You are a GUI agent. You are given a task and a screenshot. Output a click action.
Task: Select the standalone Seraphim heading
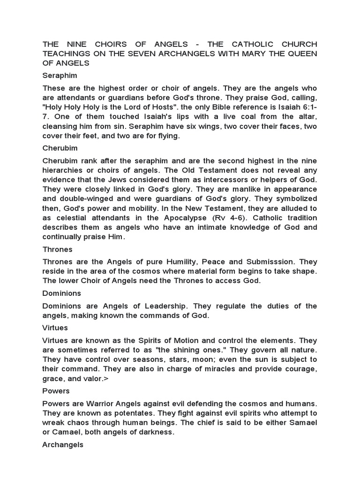[x=60, y=75]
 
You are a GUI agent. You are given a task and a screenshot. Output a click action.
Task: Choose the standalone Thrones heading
[x=58, y=249]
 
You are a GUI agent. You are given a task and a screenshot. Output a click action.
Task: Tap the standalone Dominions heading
[x=62, y=293]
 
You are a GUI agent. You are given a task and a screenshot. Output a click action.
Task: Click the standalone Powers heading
[x=56, y=391]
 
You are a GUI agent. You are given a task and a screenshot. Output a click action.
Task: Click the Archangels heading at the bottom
[x=63, y=445]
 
